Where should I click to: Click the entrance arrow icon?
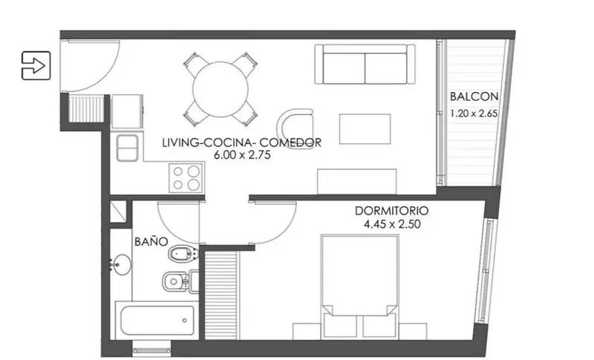pos(36,65)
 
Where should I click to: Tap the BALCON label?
pos(474,96)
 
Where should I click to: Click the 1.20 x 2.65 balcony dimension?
pos(474,113)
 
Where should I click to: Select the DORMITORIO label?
pos(392,211)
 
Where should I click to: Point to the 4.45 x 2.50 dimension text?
pos(392,224)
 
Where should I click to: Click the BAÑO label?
pos(151,241)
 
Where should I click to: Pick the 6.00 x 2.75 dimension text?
pos(243,155)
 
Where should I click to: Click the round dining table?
pos(221,90)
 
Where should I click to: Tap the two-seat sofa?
pos(365,64)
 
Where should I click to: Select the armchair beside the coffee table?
pos(296,128)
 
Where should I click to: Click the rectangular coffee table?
pos(365,129)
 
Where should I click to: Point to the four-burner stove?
pos(186,177)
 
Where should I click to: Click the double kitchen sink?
pos(127,148)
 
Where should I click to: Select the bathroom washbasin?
pos(121,264)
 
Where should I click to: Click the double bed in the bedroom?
pos(359,287)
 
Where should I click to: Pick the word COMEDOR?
pos(290,143)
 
